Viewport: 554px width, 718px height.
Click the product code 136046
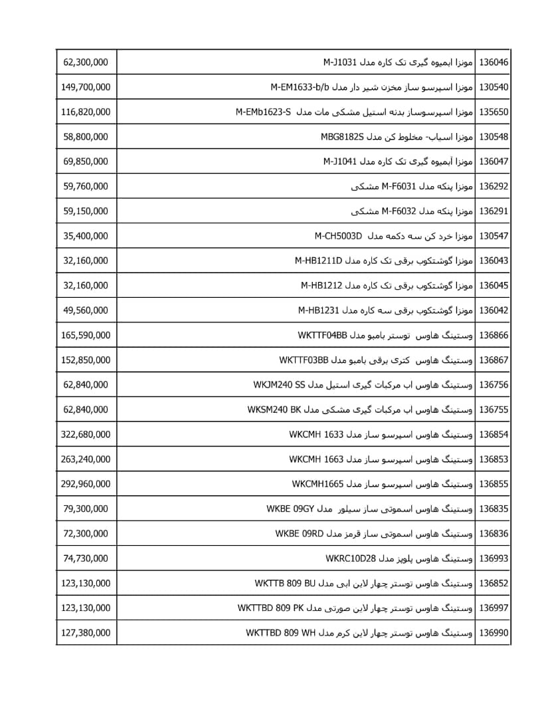494,62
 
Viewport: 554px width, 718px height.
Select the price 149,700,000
86,87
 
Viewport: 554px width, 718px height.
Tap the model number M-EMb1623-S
264,112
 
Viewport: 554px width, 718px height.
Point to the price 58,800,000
86,137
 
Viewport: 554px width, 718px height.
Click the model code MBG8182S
338,137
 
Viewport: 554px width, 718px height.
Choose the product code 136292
494,186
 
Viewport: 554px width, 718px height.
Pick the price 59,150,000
86,211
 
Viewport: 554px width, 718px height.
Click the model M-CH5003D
338,236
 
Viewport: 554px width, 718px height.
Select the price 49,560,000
86,310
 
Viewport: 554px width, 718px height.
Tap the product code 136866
494,335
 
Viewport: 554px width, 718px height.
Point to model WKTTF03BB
304,360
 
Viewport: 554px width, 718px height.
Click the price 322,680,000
86,435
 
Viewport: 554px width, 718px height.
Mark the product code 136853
494,459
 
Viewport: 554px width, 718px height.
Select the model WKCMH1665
317,484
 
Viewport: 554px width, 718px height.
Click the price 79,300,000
86,509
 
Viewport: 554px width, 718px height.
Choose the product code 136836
494,534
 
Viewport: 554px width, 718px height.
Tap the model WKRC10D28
351,558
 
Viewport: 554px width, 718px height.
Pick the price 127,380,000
86,633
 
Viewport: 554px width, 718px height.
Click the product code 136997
494,608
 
